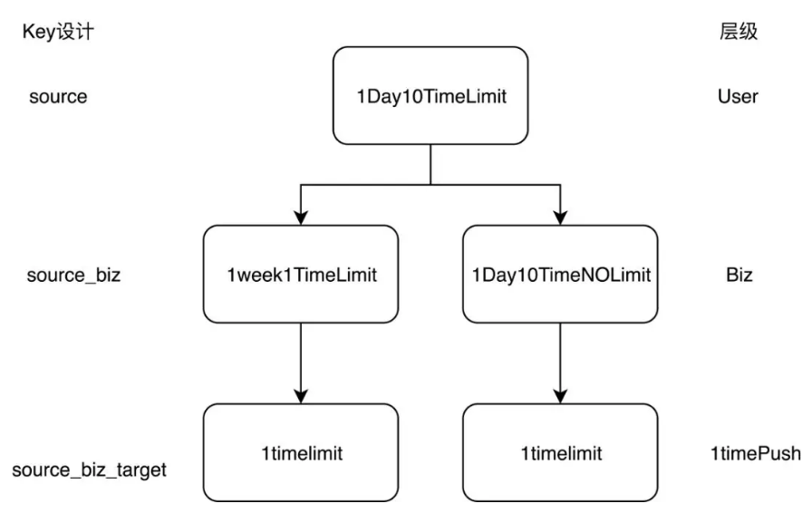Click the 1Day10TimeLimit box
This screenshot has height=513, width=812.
tap(430, 96)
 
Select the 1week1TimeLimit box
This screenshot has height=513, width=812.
tap(301, 274)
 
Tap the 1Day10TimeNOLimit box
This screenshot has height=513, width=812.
tap(560, 274)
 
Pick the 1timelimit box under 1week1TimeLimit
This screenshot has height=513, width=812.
tap(301, 453)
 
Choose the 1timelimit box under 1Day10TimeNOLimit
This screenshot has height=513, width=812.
tap(560, 453)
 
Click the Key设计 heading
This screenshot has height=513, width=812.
tap(58, 32)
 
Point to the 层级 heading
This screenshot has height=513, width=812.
tap(738, 31)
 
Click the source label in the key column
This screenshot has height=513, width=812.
tap(58, 97)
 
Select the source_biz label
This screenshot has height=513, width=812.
tap(73, 276)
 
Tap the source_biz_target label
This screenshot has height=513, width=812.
tap(89, 470)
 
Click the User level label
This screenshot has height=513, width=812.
tap(738, 96)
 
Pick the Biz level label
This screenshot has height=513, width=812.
tap(739, 275)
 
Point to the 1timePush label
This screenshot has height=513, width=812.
tap(755, 453)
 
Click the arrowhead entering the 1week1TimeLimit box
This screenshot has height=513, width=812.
tap(301, 218)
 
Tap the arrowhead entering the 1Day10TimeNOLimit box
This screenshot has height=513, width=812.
tap(560, 218)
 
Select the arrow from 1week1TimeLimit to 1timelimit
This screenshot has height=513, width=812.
tap(301, 363)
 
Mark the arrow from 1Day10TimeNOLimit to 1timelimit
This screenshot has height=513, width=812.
tap(560, 363)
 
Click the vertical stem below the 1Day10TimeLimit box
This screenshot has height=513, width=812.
tap(430, 164)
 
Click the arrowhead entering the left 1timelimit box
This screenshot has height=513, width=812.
tap(301, 396)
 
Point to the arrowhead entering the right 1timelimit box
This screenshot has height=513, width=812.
tap(560, 396)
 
